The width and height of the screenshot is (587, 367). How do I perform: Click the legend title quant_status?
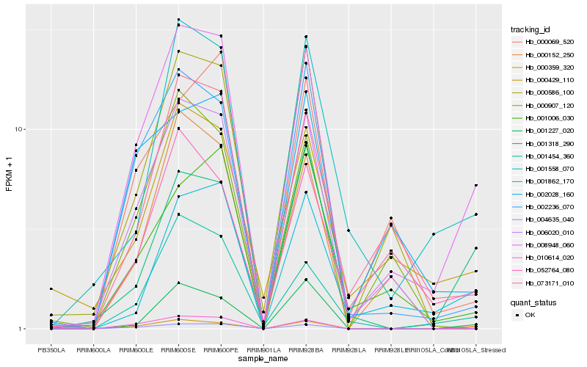[x=534, y=302]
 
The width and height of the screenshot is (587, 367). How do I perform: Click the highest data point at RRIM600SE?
[x=178, y=20]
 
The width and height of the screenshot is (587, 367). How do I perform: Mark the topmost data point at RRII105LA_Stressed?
[x=475, y=186]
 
